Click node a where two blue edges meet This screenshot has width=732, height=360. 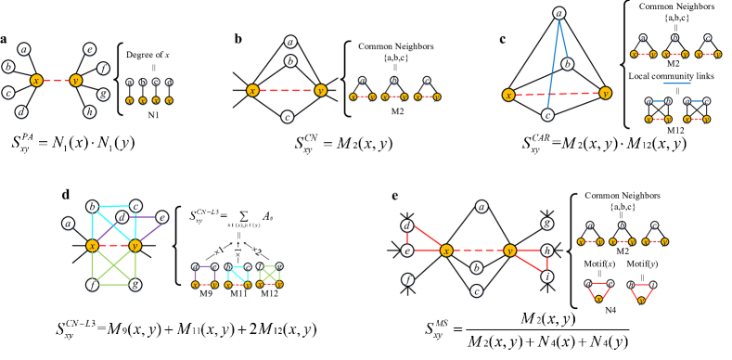pos(559,14)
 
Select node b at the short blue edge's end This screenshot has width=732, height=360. pos(567,64)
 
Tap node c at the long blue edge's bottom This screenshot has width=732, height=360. pos(547,115)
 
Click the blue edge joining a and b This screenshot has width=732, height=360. pos(562,39)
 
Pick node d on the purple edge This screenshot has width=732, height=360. pos(122,217)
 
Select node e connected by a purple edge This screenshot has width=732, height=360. pos(161,217)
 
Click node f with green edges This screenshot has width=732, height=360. pos(93,285)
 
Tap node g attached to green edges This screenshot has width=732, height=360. pos(135,285)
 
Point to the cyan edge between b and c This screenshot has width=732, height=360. pos(114,206)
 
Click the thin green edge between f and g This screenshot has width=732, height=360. pos(113,285)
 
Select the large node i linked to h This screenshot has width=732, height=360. pos(547,276)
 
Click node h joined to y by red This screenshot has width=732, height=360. pos(547,251)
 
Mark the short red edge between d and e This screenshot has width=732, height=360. pos(406,238)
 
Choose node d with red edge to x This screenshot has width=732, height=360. pos(406,225)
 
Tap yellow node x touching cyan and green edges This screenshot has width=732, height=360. pos(93,245)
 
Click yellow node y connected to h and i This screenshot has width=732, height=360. pos(509,251)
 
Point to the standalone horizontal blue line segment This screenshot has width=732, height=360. pos(676,84)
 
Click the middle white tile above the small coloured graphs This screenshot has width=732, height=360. pos(238,251)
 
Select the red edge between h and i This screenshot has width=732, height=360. pos(547,264)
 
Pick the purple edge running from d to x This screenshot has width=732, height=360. pos(107,231)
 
